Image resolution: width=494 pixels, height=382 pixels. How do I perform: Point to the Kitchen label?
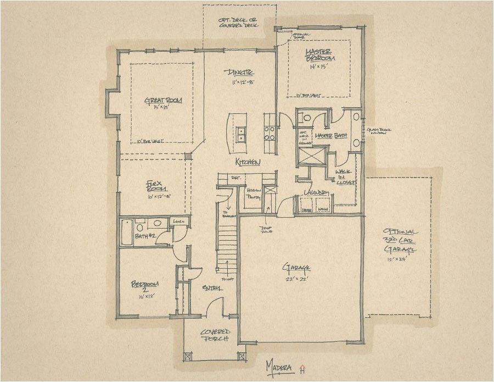pos(248,162)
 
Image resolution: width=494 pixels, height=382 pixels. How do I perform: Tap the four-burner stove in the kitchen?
pos(270,134)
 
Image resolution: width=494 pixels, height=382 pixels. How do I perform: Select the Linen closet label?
pos(178,222)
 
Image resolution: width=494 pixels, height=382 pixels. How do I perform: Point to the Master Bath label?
pos(329,135)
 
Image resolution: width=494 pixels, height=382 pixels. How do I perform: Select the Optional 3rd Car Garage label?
pos(400,240)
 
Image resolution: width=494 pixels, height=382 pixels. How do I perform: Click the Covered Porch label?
pos(215,336)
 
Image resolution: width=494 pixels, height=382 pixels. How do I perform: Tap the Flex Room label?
pos(153,186)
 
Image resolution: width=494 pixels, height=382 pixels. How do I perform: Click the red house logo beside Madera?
pos(301,367)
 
